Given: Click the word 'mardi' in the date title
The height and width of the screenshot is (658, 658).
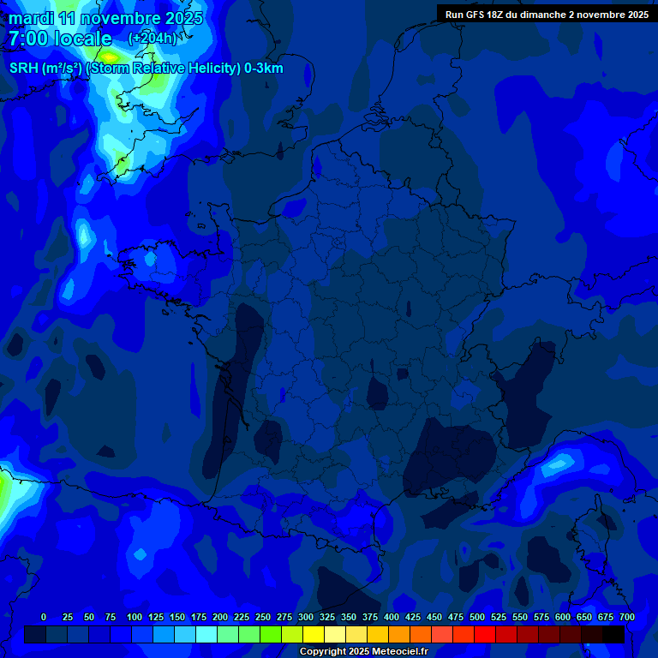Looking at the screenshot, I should pos(31,18).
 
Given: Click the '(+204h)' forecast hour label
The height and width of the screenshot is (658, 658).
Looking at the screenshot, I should pos(152,39).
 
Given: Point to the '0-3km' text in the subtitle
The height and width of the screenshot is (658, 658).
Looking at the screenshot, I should pos(264,69).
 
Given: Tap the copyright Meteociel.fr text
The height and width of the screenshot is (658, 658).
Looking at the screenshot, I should pos(363,652).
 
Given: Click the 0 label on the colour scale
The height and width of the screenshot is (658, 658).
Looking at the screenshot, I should pos(44,617).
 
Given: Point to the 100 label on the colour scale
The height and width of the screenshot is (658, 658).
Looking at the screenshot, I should pos(135,617).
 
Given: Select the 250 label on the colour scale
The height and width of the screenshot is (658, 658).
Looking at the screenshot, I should pos(263,617).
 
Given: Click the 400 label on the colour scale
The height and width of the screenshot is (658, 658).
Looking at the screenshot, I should pos(392,617).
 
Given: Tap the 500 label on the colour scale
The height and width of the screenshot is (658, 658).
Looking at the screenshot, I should pos(477,617).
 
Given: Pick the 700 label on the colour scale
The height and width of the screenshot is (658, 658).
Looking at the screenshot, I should pos(627,617).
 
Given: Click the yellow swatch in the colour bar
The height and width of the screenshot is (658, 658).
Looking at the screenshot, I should pos(314,634).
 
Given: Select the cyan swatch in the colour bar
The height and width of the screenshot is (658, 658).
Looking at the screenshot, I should pos(206,634).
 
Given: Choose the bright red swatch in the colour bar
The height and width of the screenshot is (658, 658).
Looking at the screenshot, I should pos(485,634).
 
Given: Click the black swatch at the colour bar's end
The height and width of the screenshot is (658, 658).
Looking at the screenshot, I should pos(613,634).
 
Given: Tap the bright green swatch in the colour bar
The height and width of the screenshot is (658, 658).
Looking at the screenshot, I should pos(271,634).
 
